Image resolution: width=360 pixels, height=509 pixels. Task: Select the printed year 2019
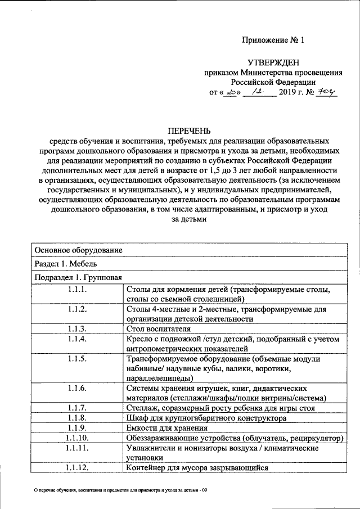point(290,93)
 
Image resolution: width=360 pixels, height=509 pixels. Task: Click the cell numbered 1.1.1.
point(76,289)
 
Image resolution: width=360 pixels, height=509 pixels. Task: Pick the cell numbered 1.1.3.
point(76,329)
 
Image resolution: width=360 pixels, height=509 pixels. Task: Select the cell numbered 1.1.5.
point(76,358)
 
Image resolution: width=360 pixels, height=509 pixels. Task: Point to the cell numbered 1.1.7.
point(76,408)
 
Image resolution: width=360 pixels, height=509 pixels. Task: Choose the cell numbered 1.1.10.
point(76,438)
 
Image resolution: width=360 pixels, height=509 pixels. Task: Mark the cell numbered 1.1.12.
point(76,467)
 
